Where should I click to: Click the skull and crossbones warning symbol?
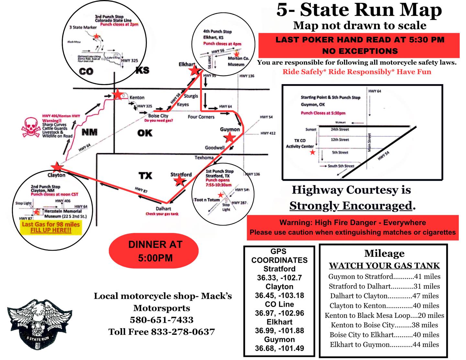(31, 127)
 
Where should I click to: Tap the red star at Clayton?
(57, 167)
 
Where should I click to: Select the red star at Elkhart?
(194, 70)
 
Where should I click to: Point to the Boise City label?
(158, 116)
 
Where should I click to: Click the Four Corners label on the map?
(201, 117)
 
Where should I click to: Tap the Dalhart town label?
(163, 209)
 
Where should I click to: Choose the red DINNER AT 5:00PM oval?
(154, 251)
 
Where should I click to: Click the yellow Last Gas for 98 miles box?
(51, 227)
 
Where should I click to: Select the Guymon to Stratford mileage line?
(384, 277)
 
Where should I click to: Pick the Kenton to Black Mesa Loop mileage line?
(384, 315)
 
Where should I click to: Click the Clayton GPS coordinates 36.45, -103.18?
(279, 295)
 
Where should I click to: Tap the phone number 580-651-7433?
(161, 320)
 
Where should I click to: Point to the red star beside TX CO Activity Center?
(312, 152)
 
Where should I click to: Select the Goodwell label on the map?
(215, 147)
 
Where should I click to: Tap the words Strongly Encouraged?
(351, 205)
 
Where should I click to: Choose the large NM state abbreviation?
(89, 132)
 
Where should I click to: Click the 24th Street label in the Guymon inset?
(340, 129)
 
